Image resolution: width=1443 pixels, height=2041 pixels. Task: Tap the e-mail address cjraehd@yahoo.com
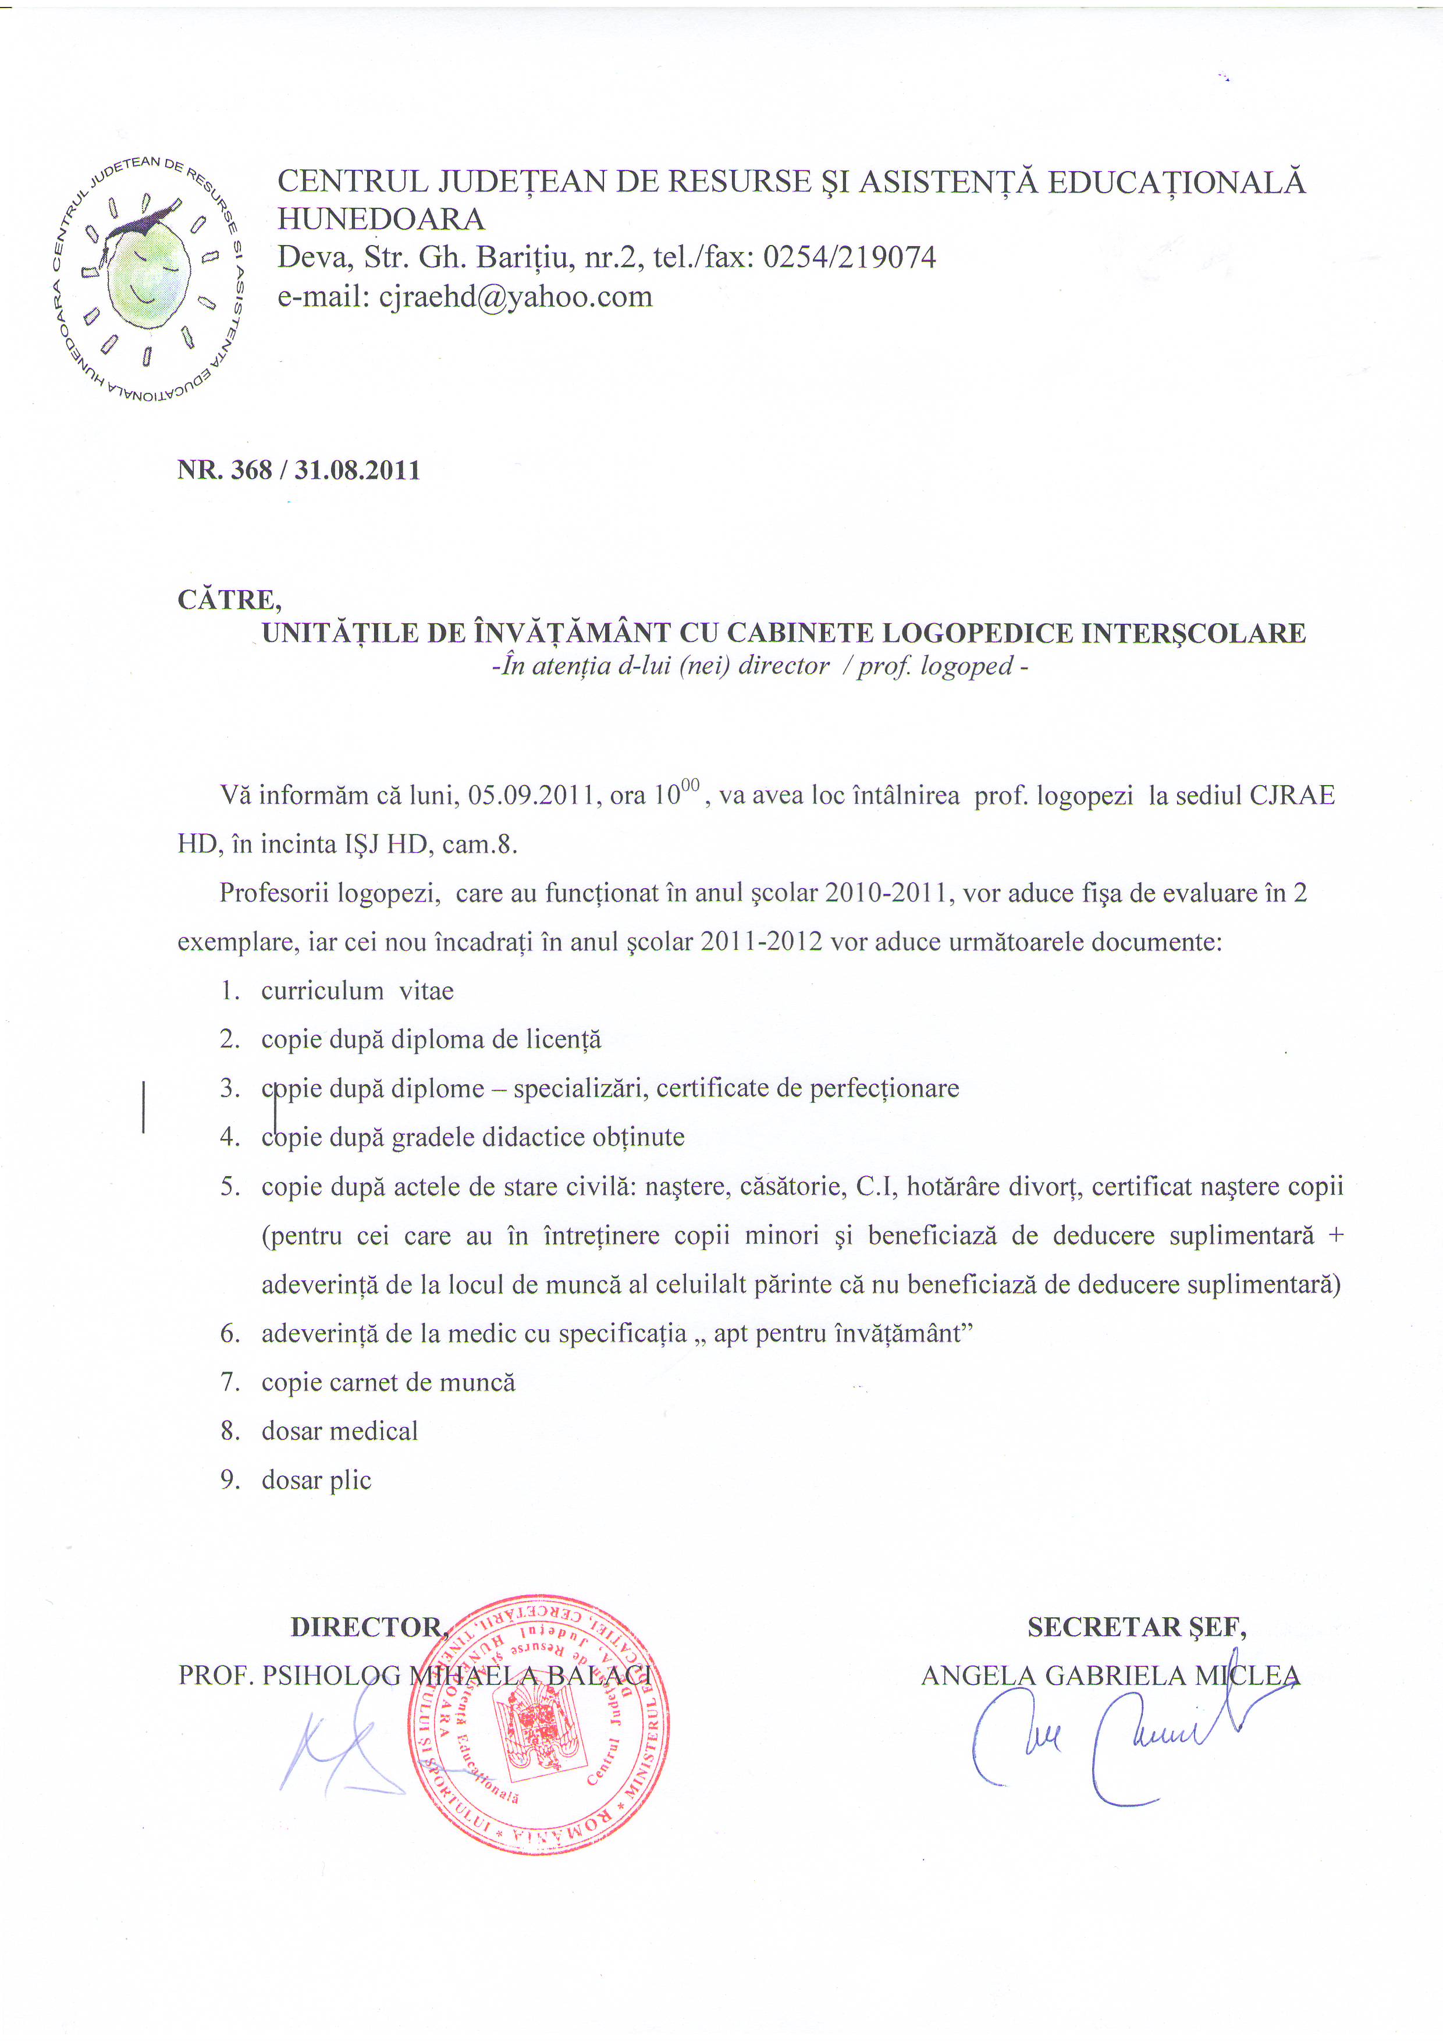coord(516,296)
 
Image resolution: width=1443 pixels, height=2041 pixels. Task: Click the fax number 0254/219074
coord(850,258)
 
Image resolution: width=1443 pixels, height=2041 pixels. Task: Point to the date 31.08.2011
coord(357,470)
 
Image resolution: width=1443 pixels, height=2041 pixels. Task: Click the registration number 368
coord(251,470)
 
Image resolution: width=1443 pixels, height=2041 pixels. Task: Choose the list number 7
coord(230,1382)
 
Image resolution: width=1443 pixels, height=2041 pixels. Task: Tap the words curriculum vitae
coord(357,991)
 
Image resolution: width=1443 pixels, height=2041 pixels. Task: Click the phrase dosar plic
coord(317,1480)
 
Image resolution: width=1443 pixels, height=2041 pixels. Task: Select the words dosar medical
coord(339,1431)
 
